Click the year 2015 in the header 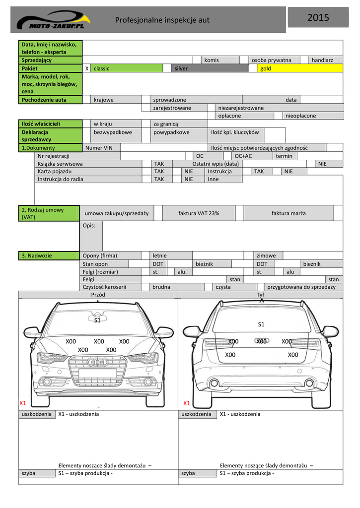coord(318,18)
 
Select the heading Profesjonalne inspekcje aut coord(162,20)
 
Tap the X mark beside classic coord(87,68)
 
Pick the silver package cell coord(209,68)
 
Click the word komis coord(212,60)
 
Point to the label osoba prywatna coord(271,60)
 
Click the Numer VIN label coord(99,147)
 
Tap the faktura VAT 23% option coord(199,213)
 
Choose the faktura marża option coord(288,213)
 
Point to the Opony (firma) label coord(100,255)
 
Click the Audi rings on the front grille coord(98,362)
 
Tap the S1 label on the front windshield coord(97,320)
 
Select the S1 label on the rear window coord(261,324)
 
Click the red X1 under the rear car coord(187,403)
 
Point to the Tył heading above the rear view coord(260,295)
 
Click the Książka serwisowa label coord(60,163)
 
